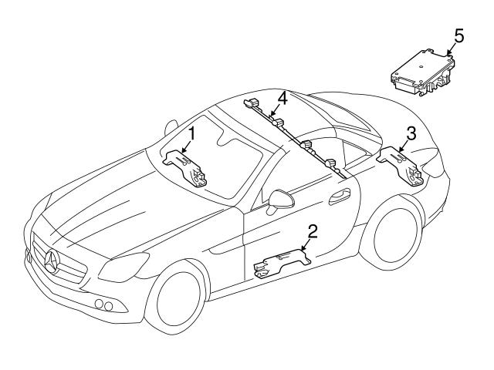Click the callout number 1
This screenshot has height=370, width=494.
point(191,134)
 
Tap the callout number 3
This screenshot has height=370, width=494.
point(411,133)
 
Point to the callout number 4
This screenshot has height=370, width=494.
point(282,98)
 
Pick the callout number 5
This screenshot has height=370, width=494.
point(458,36)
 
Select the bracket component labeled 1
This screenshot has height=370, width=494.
point(185,169)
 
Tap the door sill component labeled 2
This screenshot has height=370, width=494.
point(281,263)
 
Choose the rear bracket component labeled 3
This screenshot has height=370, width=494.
point(401,167)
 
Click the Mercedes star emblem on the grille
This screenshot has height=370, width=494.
point(52,260)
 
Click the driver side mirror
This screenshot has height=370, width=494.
point(279,201)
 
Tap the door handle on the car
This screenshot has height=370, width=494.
point(339,196)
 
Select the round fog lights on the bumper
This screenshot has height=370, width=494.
point(105,305)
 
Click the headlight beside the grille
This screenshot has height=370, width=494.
point(123,266)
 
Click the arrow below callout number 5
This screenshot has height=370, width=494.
point(451,49)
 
